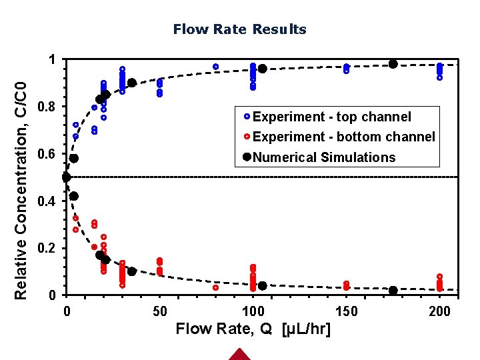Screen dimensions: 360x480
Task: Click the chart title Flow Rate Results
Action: pyautogui.click(x=239, y=29)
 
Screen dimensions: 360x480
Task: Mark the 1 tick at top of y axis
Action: pyautogui.click(x=53, y=60)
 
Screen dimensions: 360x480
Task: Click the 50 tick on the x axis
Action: pyautogui.click(x=159, y=311)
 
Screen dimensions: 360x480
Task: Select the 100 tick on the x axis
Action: pyautogui.click(x=253, y=311)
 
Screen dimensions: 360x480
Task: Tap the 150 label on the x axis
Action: pyautogui.click(x=346, y=311)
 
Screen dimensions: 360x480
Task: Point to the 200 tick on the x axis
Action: pyautogui.click(x=440, y=311)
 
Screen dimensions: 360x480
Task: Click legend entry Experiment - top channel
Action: pyautogui.click(x=331, y=117)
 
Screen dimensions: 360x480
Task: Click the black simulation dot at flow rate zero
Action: pyautogui.click(x=66, y=177)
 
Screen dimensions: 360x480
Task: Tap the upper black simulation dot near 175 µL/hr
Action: pyautogui.click(x=393, y=64)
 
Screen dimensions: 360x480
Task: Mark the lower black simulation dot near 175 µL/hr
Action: pyautogui.click(x=393, y=291)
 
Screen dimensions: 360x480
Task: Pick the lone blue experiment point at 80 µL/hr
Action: pyautogui.click(x=216, y=67)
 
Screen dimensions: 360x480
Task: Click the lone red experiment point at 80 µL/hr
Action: pyautogui.click(x=216, y=288)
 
